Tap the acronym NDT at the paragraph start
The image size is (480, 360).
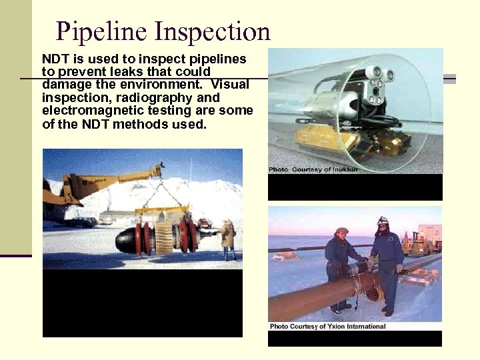55,59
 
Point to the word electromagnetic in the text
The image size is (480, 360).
89,111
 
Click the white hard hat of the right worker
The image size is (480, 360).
383,221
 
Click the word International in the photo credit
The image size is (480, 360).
364,326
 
